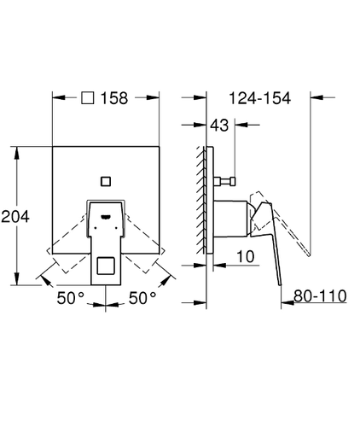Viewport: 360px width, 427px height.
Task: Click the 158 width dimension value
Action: [114, 98]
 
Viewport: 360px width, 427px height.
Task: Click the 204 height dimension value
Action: [15, 217]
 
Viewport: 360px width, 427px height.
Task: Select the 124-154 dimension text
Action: [260, 98]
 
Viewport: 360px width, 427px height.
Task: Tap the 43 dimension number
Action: [219, 126]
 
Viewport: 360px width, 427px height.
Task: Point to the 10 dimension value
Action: [246, 256]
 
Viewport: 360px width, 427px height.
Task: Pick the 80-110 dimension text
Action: [320, 295]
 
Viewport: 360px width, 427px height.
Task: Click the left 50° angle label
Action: [71, 298]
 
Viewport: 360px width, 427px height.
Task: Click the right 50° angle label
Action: [142, 298]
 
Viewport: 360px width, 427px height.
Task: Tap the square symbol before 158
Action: [88, 97]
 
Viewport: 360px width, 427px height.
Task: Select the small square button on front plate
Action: [106, 181]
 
